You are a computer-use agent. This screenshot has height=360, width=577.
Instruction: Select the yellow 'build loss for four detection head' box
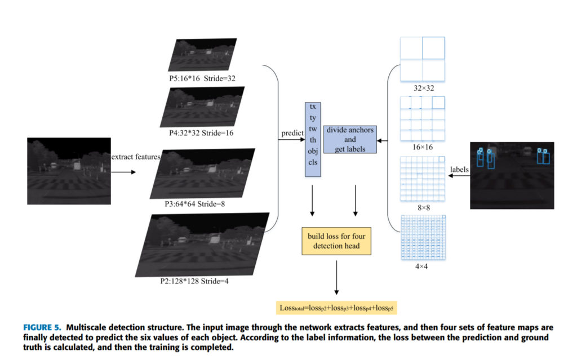pyautogui.click(x=336, y=241)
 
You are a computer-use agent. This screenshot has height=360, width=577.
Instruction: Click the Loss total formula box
pyautogui.click(x=336, y=308)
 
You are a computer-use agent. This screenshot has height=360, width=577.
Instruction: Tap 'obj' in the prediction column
pyautogui.click(x=313, y=150)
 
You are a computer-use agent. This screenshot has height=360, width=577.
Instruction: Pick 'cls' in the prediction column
pyautogui.click(x=313, y=162)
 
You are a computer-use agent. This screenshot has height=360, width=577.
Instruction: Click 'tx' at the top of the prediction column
pyautogui.click(x=313, y=106)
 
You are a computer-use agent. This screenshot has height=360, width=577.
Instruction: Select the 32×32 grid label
pyautogui.click(x=421, y=88)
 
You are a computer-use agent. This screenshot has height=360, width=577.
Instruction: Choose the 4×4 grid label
pyautogui.click(x=421, y=266)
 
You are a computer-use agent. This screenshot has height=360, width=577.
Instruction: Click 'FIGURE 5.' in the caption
pyautogui.click(x=43, y=327)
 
